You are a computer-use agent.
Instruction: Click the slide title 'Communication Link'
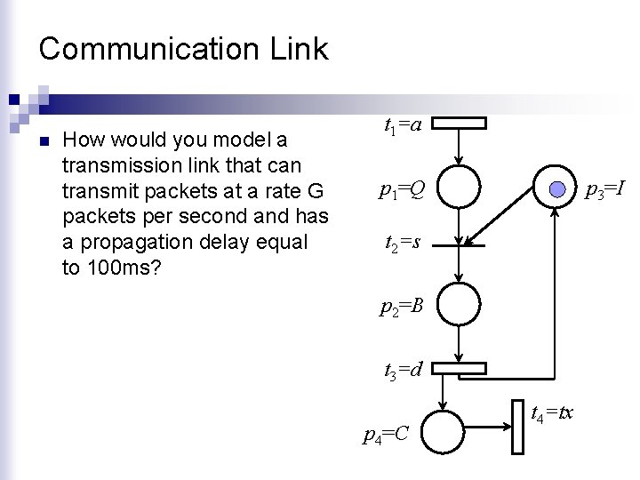(183, 48)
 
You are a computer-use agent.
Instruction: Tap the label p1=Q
(402, 188)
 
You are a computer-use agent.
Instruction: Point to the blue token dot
(557, 188)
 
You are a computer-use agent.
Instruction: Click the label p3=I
(608, 188)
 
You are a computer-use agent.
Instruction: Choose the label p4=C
(387, 433)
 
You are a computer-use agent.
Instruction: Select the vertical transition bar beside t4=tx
(518, 426)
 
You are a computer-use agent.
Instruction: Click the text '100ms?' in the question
(110, 268)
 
